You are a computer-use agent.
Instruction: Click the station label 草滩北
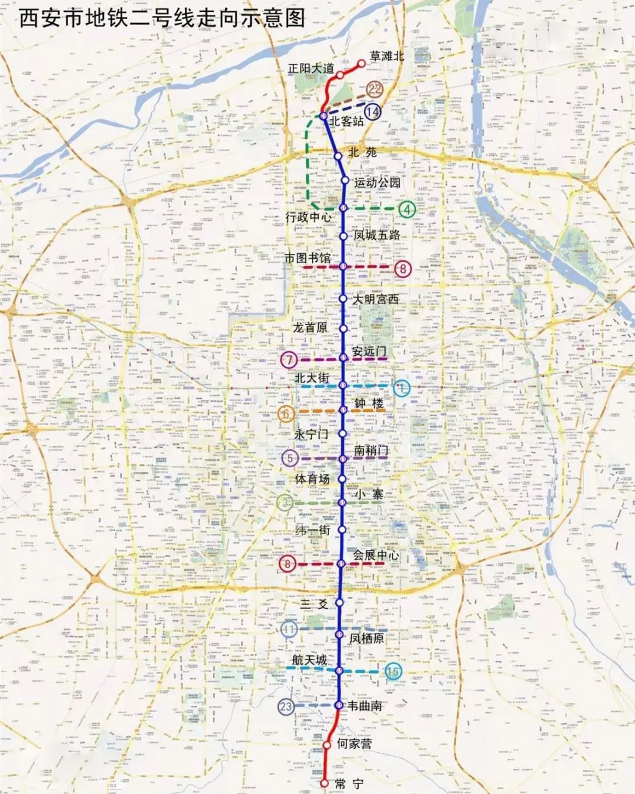coord(386,56)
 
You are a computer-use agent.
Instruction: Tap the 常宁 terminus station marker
coord(324,783)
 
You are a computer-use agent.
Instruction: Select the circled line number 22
coord(375,89)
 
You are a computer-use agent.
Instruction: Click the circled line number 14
coord(372,111)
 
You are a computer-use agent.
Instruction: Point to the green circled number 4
coord(406,209)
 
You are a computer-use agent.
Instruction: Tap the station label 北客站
coord(346,121)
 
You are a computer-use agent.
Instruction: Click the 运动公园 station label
coord(377,182)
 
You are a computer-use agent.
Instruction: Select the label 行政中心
coord(309,217)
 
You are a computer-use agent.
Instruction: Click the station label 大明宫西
coord(376,299)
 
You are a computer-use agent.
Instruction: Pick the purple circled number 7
coord(289,359)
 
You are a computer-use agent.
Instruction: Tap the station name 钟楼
coord(369,403)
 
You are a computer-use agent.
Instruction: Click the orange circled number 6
coord(286,413)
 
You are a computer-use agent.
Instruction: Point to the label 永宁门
coord(311,435)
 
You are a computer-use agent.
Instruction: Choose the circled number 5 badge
coord(289,458)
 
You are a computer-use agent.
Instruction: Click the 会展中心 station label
coord(376,555)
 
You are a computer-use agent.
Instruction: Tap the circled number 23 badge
coord(286,706)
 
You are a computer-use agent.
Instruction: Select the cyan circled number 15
coord(392,671)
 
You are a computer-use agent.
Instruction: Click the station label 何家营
coord(354,743)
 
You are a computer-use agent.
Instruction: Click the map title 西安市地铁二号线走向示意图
coord(162,18)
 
